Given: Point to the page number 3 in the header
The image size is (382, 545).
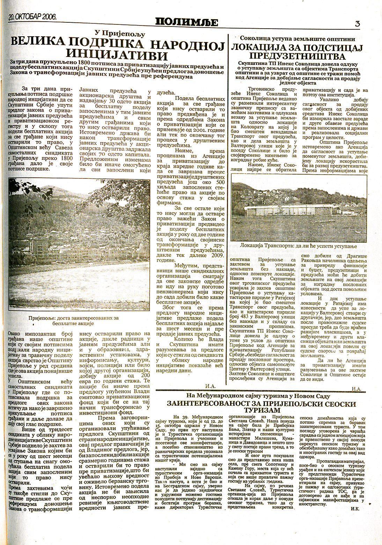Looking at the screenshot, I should (x=357, y=24).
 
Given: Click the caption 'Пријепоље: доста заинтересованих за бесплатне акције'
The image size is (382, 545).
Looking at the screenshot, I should (x=74, y=320).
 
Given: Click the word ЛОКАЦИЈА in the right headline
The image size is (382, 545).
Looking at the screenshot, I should (x=257, y=47).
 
